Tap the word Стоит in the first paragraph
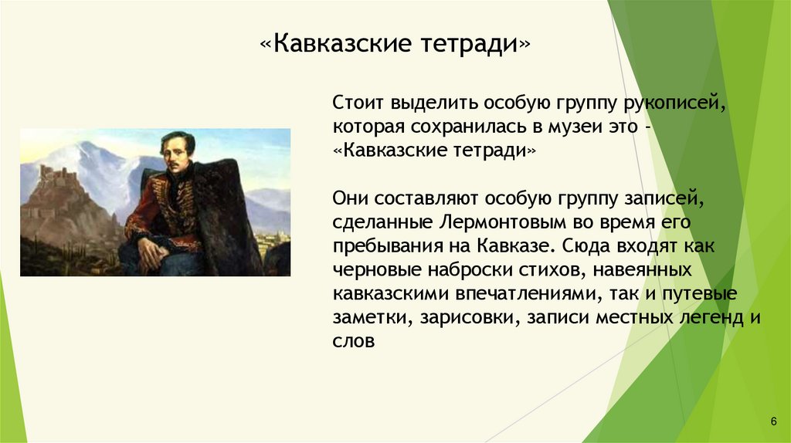coord(355,103)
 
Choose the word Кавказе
coord(515,246)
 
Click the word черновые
coord(377,270)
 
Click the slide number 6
coord(773,421)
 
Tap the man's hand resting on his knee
coord(151,250)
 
